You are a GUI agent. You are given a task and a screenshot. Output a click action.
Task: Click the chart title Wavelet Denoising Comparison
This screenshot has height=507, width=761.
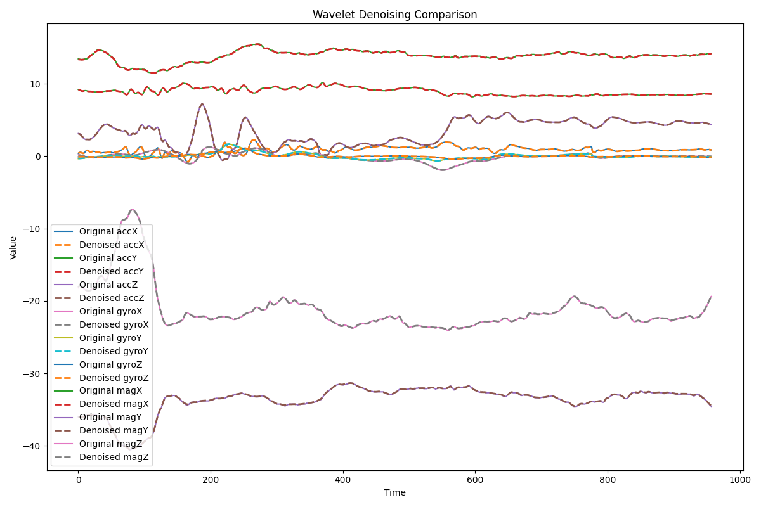click(394, 15)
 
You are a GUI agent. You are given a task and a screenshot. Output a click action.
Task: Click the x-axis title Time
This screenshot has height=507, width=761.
click(394, 492)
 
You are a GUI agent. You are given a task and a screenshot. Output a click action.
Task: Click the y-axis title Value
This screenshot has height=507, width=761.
click(13, 247)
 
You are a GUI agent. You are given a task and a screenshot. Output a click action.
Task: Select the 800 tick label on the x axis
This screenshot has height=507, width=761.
click(608, 480)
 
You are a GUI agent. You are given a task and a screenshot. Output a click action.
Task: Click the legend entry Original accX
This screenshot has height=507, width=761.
click(108, 231)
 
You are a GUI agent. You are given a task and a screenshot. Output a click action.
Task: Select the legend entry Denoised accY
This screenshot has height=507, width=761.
click(111, 271)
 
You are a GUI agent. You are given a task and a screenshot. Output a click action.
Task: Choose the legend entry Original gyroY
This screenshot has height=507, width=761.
click(111, 338)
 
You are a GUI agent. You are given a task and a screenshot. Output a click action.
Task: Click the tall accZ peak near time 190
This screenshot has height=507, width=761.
click(202, 104)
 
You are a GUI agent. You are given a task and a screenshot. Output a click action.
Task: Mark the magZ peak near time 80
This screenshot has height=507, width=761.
click(132, 210)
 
